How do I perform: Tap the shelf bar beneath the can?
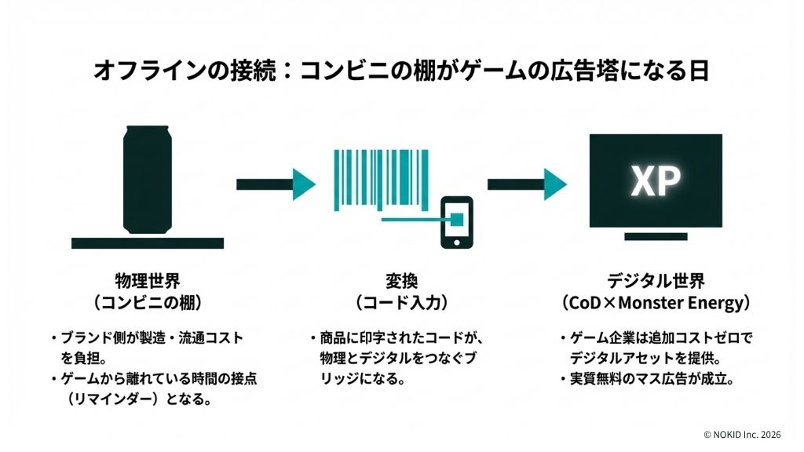[148, 242]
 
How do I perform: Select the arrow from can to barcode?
[276, 184]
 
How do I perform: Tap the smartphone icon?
[456, 222]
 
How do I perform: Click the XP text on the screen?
[655, 182]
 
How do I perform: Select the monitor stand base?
[656, 236]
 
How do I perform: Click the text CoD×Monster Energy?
[656, 302]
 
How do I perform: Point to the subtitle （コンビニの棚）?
[148, 302]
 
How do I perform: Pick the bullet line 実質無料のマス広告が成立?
[651, 379]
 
